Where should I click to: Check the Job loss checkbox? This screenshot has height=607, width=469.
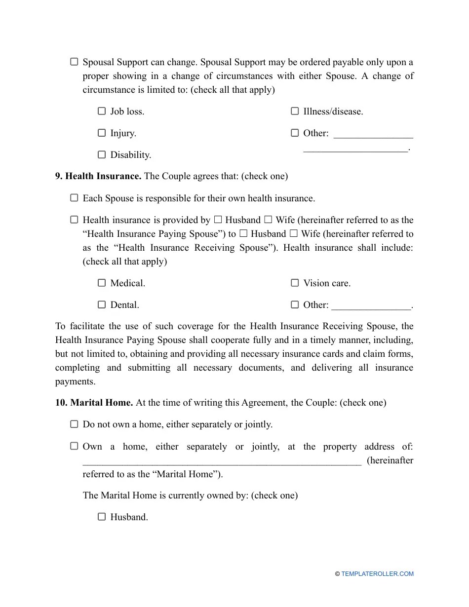102,111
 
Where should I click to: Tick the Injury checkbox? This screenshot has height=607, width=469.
102,133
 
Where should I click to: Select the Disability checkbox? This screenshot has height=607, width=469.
102,154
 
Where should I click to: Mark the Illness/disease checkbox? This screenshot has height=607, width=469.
295,111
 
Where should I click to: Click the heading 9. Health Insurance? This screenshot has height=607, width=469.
98,176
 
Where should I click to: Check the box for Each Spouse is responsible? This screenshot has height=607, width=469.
74,198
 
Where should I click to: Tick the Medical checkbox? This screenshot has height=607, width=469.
102,283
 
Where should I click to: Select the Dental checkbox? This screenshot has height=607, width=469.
102,304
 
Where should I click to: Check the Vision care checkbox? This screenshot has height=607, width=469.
295,283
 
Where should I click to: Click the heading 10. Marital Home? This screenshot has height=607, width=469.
94,403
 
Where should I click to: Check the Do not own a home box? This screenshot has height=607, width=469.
74,424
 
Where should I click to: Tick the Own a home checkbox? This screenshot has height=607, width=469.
74,446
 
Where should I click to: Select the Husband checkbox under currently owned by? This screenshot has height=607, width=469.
102,517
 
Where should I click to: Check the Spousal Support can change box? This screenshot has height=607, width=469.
74,62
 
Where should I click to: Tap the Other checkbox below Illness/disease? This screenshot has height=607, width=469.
295,133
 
